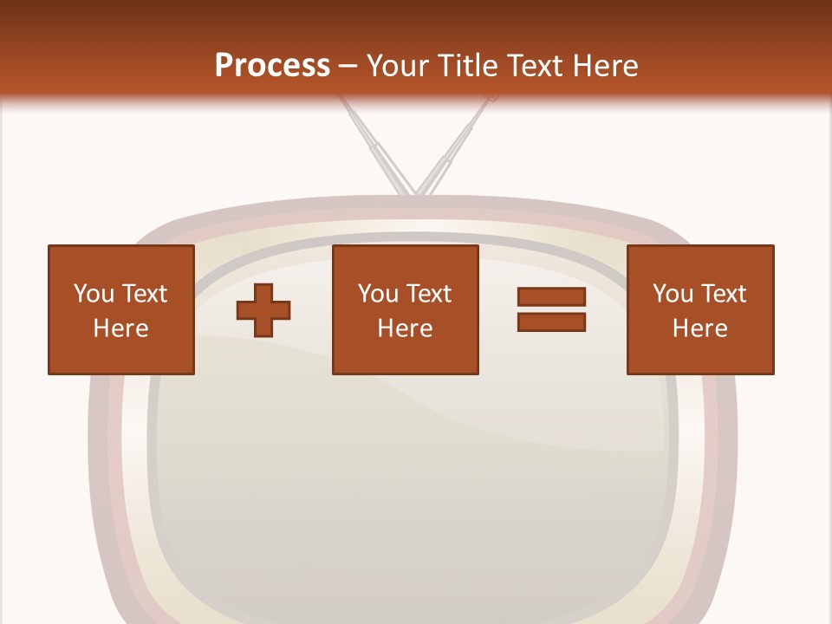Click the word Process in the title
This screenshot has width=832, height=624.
(x=272, y=66)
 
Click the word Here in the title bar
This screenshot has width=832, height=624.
(x=605, y=66)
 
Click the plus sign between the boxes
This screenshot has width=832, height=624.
(x=263, y=309)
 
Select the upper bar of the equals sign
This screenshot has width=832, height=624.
(x=551, y=296)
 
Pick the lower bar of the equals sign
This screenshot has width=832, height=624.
(x=551, y=322)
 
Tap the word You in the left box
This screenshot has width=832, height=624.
(x=94, y=294)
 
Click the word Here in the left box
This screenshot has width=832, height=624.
(x=120, y=328)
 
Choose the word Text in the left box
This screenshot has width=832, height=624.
(x=144, y=294)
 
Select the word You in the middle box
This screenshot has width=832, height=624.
(x=378, y=294)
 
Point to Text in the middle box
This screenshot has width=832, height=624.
(x=428, y=294)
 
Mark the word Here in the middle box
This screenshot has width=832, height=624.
(x=405, y=328)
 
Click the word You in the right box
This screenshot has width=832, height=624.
(x=673, y=294)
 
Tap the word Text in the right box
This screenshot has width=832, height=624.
(x=723, y=294)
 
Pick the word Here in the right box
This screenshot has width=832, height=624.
(x=699, y=328)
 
